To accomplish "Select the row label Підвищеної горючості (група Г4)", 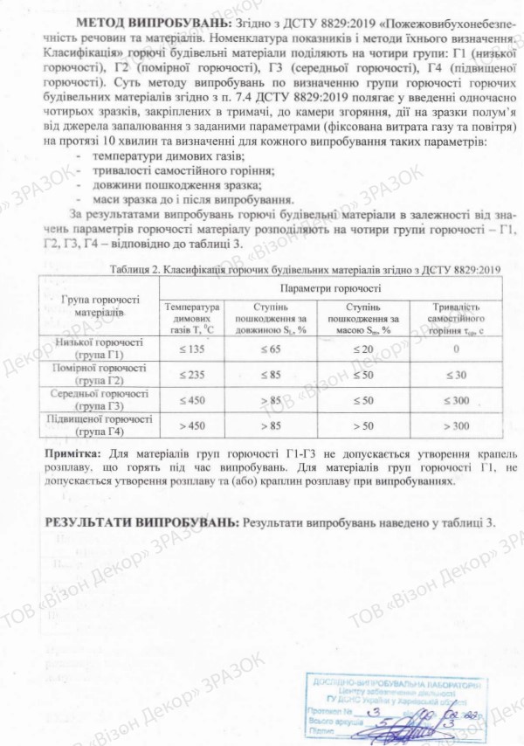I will (97, 425).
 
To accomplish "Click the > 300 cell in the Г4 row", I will (455, 425).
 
